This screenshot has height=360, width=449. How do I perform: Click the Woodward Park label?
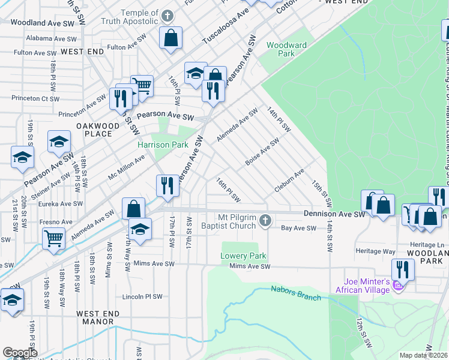click(x=287, y=49)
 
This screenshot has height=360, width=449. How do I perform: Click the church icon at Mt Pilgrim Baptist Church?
click(x=265, y=223)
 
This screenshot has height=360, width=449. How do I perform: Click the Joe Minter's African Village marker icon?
click(x=397, y=289)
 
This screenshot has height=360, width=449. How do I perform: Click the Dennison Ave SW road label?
click(x=334, y=214)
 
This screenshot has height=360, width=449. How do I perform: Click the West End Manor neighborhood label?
click(x=98, y=317)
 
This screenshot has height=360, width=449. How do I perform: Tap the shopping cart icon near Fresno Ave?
click(x=54, y=238)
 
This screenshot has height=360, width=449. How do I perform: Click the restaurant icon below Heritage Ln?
click(x=403, y=269)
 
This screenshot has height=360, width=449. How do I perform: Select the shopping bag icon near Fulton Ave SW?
click(x=171, y=38)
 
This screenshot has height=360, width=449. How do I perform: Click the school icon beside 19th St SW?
click(x=22, y=157)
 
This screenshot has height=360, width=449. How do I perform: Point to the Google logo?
click(x=20, y=353)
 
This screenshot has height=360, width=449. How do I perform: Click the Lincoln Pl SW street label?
click(x=142, y=296)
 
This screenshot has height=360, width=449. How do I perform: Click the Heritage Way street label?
click(x=376, y=251)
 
